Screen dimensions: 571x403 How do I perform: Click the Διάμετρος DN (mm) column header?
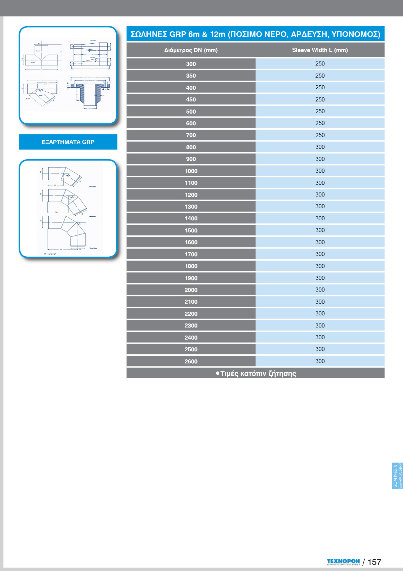(191, 50)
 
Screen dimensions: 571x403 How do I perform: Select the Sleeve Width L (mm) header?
(320, 50)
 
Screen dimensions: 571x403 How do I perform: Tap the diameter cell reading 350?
(191, 76)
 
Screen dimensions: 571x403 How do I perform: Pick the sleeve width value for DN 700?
(320, 135)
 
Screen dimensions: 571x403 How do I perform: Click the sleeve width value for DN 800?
(320, 147)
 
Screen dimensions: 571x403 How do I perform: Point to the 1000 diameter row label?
(191, 171)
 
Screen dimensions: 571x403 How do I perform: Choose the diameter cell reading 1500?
(191, 230)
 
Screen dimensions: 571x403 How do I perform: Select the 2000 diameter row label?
(191, 290)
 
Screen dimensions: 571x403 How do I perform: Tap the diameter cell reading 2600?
(191, 361)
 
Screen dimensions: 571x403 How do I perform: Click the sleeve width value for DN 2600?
(320, 361)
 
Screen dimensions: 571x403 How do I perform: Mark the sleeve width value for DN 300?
(320, 64)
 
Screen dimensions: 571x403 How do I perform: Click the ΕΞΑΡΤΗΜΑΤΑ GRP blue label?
(68, 142)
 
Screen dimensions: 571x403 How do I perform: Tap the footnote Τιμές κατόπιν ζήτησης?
(256, 374)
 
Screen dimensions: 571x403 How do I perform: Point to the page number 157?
(374, 562)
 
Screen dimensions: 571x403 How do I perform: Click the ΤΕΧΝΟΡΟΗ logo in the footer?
(343, 562)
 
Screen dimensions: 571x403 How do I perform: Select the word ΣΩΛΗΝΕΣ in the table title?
(149, 34)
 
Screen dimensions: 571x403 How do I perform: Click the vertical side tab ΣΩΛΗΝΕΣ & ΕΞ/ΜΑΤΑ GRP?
(397, 476)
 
